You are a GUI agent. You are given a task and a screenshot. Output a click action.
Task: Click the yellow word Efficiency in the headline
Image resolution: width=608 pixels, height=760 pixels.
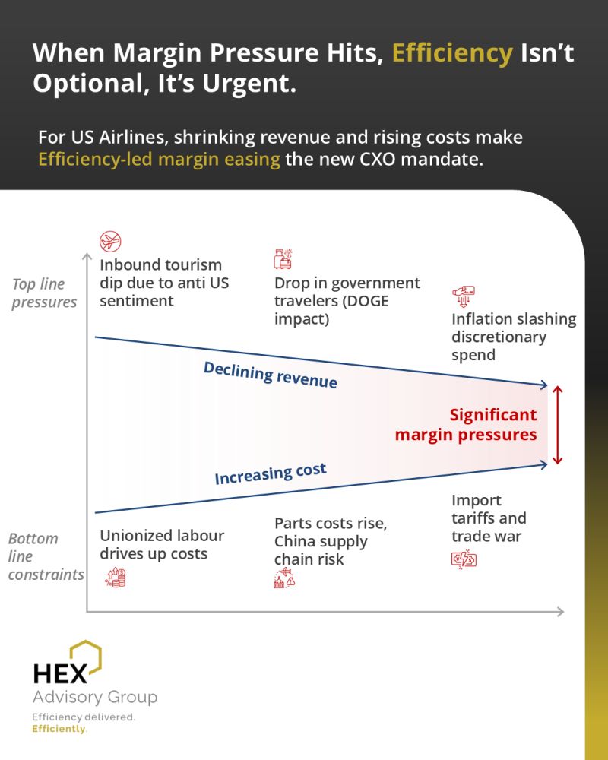(x=452, y=54)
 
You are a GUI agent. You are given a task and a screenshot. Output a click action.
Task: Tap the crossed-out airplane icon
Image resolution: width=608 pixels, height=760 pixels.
(x=110, y=241)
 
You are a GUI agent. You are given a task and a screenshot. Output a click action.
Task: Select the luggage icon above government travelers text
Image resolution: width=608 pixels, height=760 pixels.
(x=283, y=259)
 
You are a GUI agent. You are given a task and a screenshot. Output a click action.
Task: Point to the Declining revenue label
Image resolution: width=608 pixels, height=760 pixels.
(x=270, y=375)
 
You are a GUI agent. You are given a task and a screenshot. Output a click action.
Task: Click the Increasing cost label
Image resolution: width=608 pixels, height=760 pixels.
(x=271, y=473)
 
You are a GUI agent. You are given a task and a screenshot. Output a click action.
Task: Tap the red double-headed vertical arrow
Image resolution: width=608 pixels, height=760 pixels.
(x=558, y=425)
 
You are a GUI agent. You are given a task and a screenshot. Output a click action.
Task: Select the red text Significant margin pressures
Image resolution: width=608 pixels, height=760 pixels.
(x=466, y=425)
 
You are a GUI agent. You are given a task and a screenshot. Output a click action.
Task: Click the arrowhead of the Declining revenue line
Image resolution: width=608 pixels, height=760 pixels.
(x=544, y=385)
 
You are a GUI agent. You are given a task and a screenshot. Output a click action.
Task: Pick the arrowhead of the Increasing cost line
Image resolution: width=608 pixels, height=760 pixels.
(x=544, y=464)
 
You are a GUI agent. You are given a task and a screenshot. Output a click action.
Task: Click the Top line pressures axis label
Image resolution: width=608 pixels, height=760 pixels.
(x=44, y=293)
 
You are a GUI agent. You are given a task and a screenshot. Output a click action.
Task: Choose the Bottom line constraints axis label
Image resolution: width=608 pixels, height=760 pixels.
(x=46, y=556)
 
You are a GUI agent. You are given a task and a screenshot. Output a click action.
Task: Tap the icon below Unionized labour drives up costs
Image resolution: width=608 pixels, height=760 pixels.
(x=116, y=578)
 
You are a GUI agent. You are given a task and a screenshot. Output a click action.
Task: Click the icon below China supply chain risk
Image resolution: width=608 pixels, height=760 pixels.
(x=284, y=578)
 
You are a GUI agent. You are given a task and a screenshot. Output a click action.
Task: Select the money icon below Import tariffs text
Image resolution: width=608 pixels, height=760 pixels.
(x=464, y=559)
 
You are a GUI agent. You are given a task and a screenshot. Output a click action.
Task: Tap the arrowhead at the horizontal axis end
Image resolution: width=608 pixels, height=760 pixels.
(x=560, y=612)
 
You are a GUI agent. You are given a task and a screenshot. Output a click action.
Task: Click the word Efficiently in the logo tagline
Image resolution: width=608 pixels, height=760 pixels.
(x=59, y=729)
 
